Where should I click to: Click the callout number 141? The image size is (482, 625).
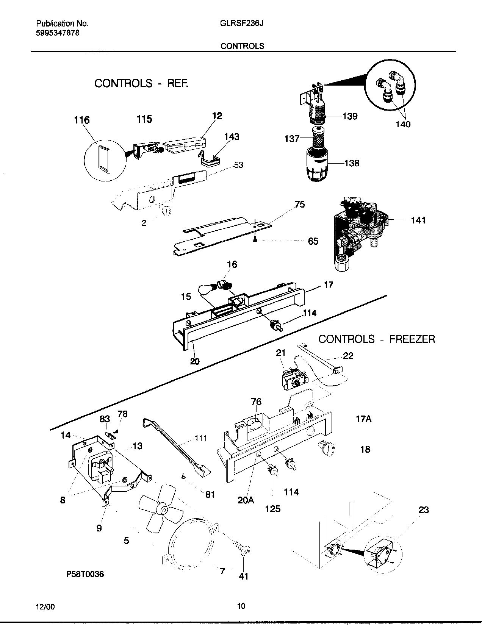[x=418, y=220]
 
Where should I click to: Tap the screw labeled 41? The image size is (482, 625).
[x=243, y=549]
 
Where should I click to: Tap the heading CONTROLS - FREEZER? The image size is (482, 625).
[x=376, y=339]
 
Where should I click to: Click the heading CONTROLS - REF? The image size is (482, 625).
[x=141, y=83]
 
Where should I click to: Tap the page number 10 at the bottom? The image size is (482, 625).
[x=241, y=606]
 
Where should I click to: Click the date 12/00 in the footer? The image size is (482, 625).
[x=46, y=606]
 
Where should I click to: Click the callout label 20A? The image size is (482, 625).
[x=246, y=500]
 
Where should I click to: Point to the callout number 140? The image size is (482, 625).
[x=403, y=124]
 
